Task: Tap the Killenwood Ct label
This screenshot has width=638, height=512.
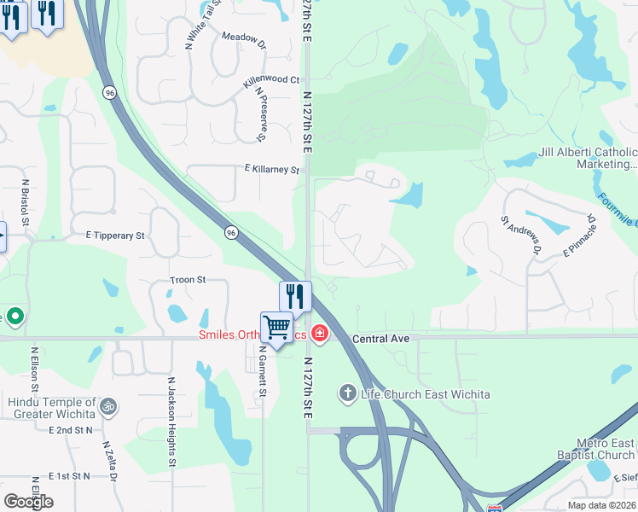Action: pyautogui.click(x=271, y=79)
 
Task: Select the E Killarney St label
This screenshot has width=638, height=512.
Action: pyautogui.click(x=270, y=170)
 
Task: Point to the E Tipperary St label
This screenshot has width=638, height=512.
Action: pyautogui.click(x=116, y=235)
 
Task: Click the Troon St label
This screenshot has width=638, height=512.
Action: pyautogui.click(x=188, y=279)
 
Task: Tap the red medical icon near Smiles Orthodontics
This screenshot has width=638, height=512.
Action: pyautogui.click(x=320, y=333)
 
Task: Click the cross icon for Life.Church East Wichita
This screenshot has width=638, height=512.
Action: pyautogui.click(x=346, y=393)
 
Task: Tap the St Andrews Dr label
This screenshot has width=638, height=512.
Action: pyautogui.click(x=521, y=236)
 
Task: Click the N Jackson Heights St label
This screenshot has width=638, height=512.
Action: pyautogui.click(x=171, y=422)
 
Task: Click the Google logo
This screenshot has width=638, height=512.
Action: pyautogui.click(x=28, y=502)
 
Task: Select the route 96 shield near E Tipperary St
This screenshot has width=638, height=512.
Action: pyautogui.click(x=231, y=232)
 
